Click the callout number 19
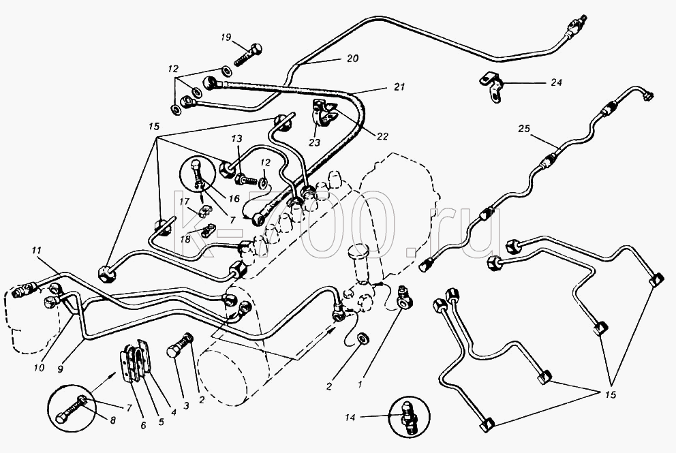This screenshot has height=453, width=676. click(x=226, y=37)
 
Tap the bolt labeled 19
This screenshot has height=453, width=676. click(x=248, y=54)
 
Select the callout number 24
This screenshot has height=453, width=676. click(x=557, y=82)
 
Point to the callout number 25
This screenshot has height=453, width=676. click(x=524, y=129)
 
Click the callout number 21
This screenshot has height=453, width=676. click(x=399, y=87)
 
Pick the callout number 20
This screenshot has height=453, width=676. click(x=353, y=58)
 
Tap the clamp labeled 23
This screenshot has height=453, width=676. click(x=322, y=114)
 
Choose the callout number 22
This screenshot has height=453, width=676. click(x=382, y=136)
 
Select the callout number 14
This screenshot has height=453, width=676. click(x=350, y=417)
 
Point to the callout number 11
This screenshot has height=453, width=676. click(x=36, y=249)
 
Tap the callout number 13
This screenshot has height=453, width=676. click(x=236, y=139)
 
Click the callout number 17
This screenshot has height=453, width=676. click(x=184, y=201)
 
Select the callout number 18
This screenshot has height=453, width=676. click(x=185, y=239)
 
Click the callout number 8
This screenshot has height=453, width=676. click(x=112, y=420)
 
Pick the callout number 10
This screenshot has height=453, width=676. click(x=39, y=368)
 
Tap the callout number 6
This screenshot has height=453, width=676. click(x=144, y=426)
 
